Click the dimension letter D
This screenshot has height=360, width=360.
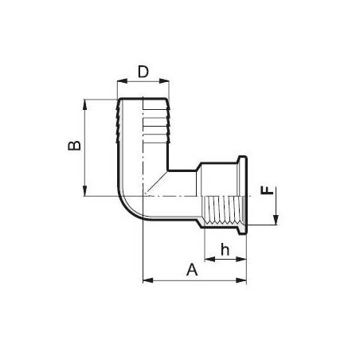pyautogui.click(x=143, y=72)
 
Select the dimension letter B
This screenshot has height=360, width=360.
pyautogui.click(x=74, y=146)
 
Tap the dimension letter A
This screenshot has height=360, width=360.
pyautogui.click(x=192, y=270)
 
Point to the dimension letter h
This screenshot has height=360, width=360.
pyautogui.click(x=225, y=249)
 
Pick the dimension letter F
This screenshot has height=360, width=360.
pyautogui.click(x=267, y=190)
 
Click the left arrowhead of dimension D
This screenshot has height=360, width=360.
pyautogui.click(x=122, y=81)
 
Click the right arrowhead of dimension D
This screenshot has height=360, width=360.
pyautogui.click(x=164, y=81)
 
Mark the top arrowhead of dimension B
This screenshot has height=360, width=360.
pyautogui.click(x=85, y=104)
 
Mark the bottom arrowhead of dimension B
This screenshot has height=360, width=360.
pyautogui.click(x=85, y=191)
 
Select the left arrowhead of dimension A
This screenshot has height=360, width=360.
pyautogui.click(x=148, y=280)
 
